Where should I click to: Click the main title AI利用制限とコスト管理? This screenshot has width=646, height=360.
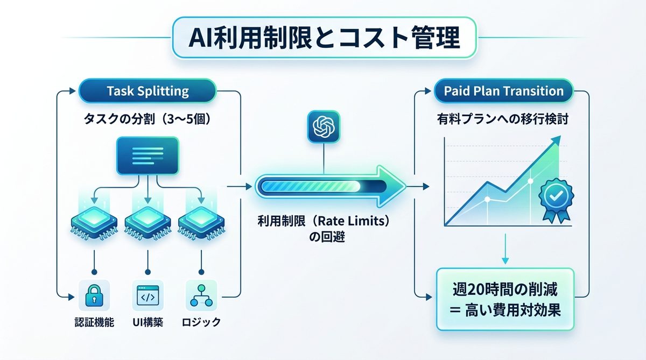tap(324, 38)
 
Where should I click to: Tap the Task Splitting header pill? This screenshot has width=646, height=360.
tap(148, 90)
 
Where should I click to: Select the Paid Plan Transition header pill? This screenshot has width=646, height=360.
tap(503, 91)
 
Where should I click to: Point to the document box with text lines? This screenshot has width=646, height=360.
tap(148, 156)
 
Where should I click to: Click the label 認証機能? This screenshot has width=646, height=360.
tap(95, 323)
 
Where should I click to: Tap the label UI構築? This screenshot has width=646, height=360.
tap(148, 323)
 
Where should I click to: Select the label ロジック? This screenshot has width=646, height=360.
tap(201, 323)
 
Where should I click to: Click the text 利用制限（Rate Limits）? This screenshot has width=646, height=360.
tap(323, 222)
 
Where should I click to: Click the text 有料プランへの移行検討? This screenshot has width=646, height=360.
tap(503, 120)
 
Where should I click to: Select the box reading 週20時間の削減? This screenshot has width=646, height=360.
tap(504, 300)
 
